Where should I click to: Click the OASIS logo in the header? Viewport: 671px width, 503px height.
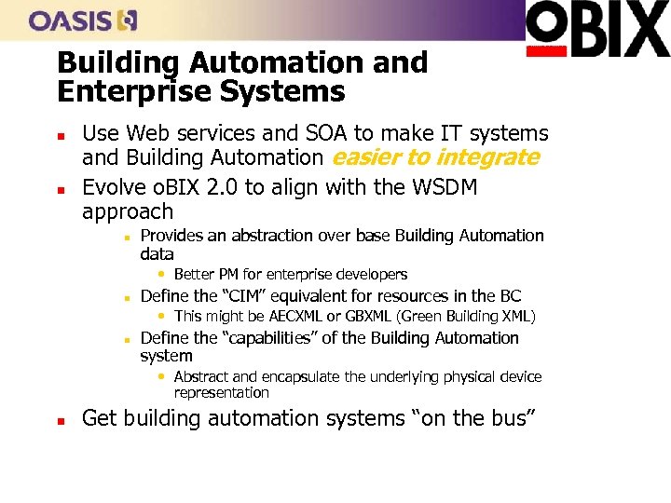[x=83, y=20]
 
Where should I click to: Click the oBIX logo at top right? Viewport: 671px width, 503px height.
[x=597, y=28]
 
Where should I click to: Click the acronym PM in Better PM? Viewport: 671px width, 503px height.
[x=230, y=275]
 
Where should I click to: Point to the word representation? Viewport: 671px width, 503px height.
[x=221, y=392]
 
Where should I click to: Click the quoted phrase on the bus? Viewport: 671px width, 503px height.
[x=475, y=418]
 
